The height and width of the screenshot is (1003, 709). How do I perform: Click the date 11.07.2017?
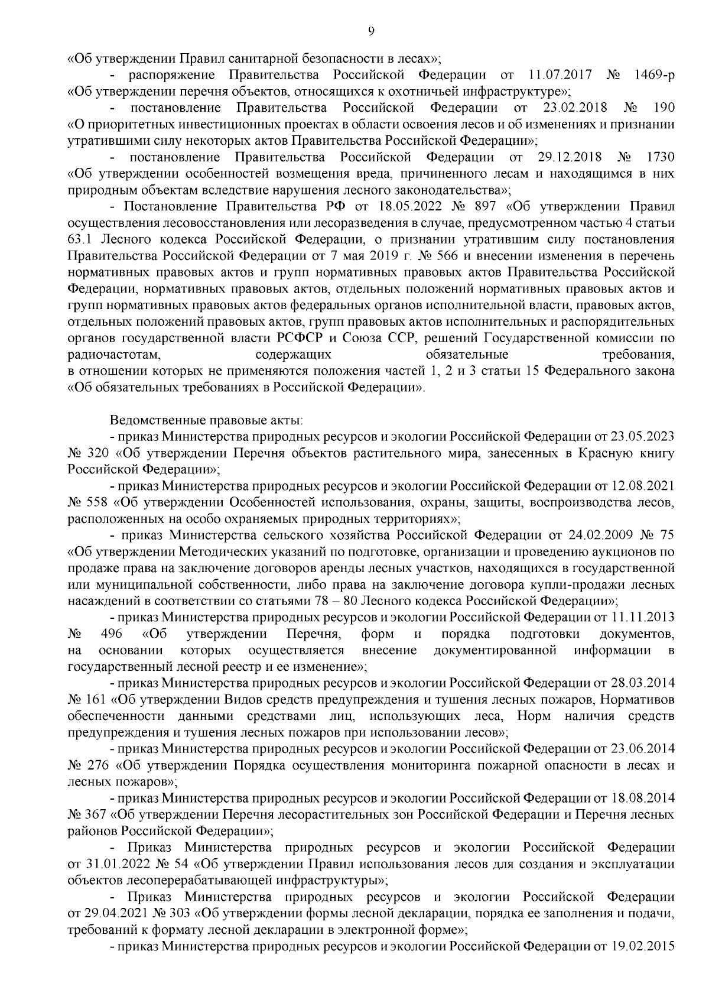tap(554, 75)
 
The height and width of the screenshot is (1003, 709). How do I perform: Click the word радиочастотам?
tap(115, 355)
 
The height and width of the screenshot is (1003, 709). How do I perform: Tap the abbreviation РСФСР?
tap(300, 339)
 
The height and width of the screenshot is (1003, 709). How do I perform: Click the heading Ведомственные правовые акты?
tap(206, 421)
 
